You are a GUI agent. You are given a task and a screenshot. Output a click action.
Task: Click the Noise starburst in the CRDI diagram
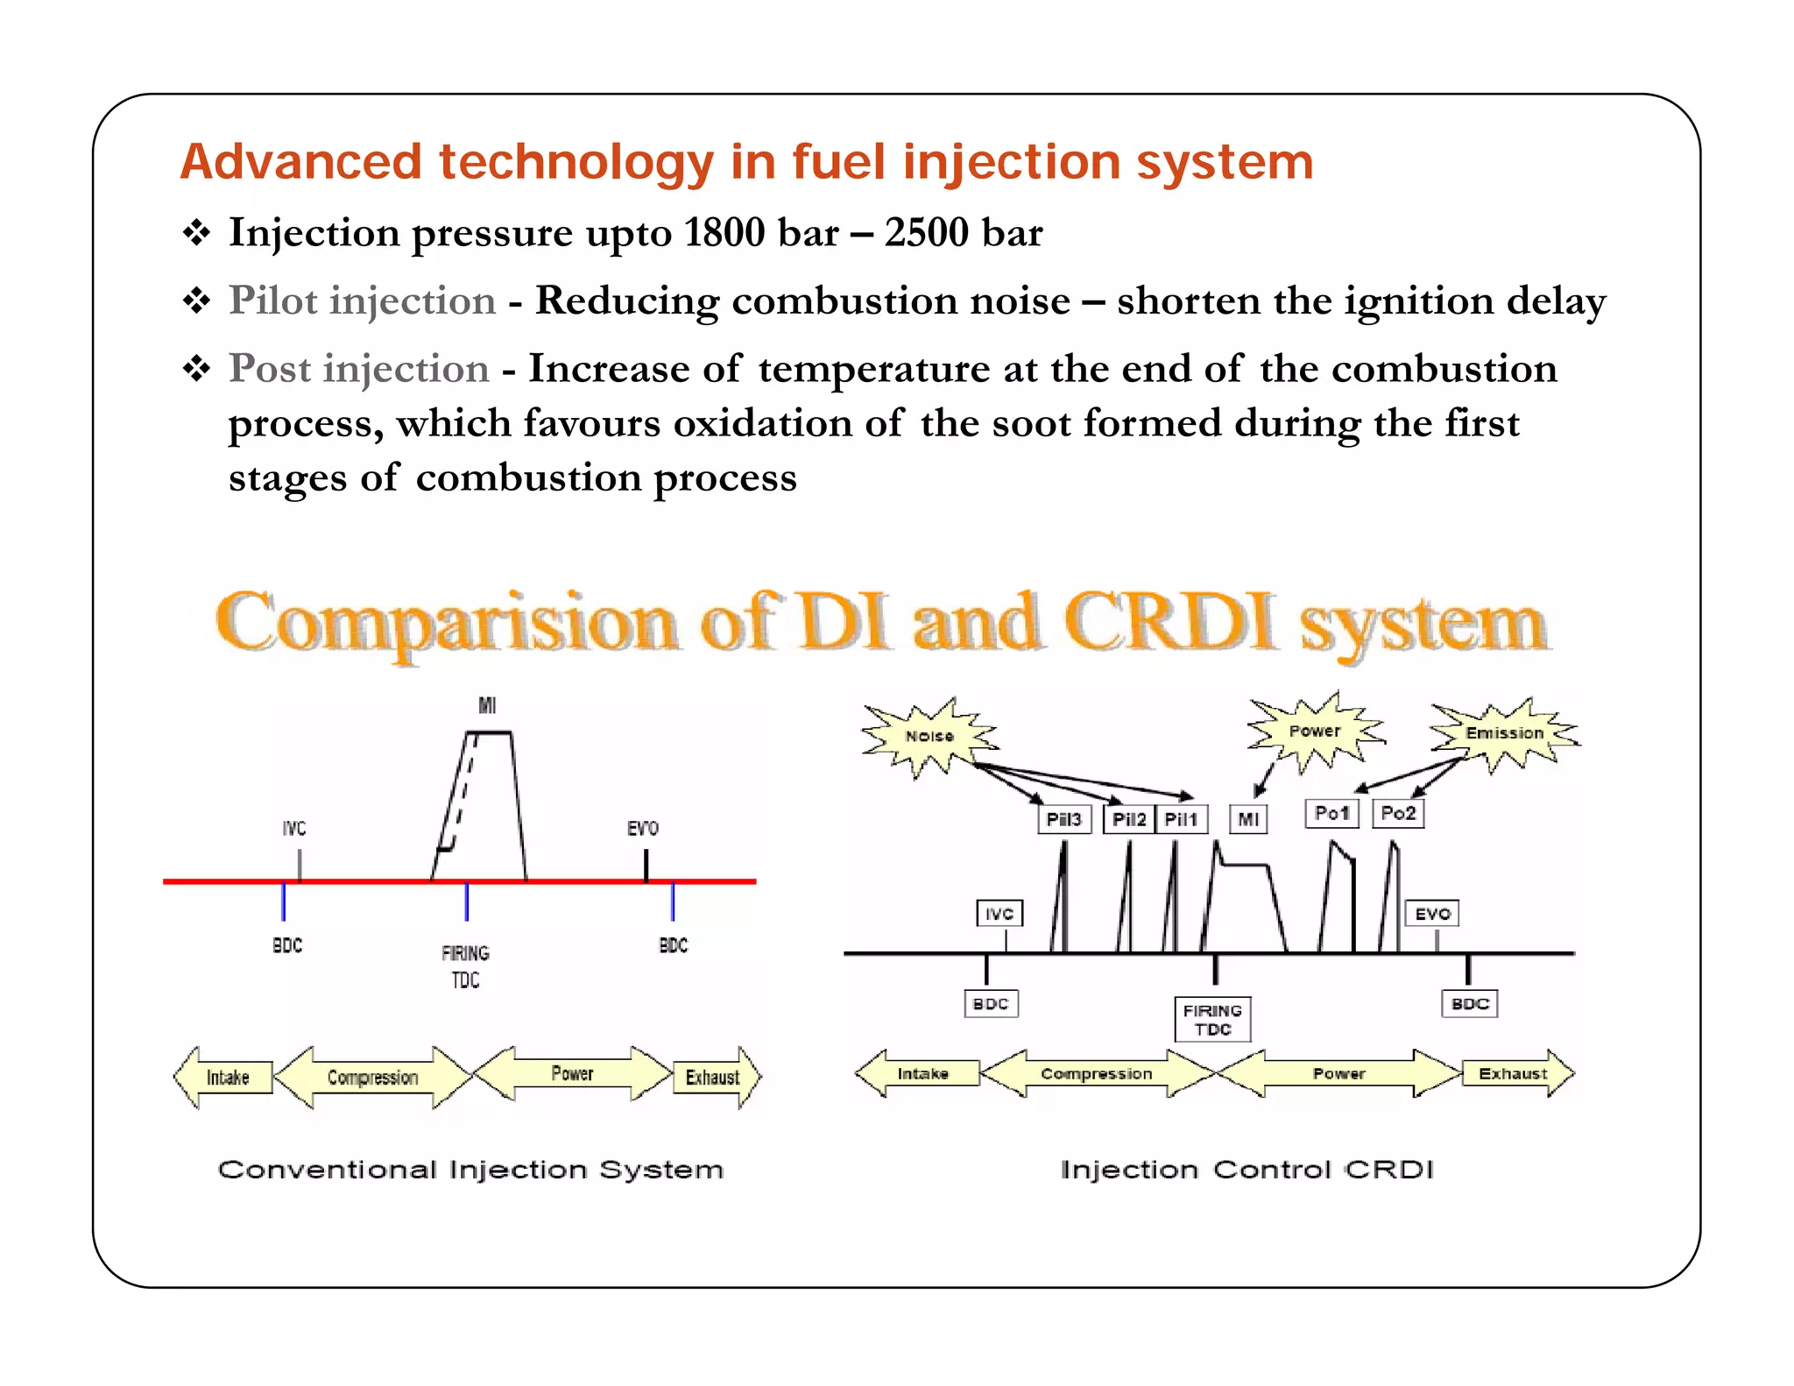pyautogui.click(x=929, y=736)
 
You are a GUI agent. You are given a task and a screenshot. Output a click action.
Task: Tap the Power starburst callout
pyautogui.click(x=1314, y=731)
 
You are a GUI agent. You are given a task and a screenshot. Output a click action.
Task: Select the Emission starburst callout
pyautogui.click(x=1504, y=732)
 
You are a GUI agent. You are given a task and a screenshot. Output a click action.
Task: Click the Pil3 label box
pyautogui.click(x=1064, y=819)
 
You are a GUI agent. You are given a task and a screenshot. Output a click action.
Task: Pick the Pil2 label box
pyautogui.click(x=1129, y=819)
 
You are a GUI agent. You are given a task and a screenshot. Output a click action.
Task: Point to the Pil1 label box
pyautogui.click(x=1181, y=819)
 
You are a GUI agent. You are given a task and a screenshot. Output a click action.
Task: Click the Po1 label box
pyautogui.click(x=1331, y=813)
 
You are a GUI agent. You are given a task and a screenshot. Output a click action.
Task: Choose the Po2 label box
pyautogui.click(x=1398, y=813)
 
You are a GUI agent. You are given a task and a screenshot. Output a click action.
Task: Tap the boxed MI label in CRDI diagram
pyautogui.click(x=1248, y=819)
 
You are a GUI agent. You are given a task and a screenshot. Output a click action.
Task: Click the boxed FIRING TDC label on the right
pyautogui.click(x=1212, y=1020)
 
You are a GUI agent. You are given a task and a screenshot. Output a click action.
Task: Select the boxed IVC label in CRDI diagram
pyautogui.click(x=999, y=914)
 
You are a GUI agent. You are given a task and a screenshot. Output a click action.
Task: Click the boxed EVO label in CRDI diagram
pyautogui.click(x=1433, y=914)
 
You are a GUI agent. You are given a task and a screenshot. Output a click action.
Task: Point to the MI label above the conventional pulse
pyautogui.click(x=487, y=705)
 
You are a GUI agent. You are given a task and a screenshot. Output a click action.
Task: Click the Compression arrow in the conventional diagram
pyautogui.click(x=373, y=1077)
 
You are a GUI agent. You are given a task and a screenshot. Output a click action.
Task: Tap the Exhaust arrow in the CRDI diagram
pyautogui.click(x=1514, y=1073)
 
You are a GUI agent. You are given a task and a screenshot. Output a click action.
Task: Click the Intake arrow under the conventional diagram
pyautogui.click(x=227, y=1077)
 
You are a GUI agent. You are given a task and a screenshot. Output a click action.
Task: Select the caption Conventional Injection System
pyautogui.click(x=470, y=1170)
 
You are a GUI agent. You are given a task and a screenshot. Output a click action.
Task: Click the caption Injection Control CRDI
pyautogui.click(x=1247, y=1170)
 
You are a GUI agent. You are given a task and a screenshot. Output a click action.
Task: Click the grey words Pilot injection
pyautogui.click(x=362, y=301)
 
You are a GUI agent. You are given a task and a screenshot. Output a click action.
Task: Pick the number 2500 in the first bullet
pyautogui.click(x=926, y=232)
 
